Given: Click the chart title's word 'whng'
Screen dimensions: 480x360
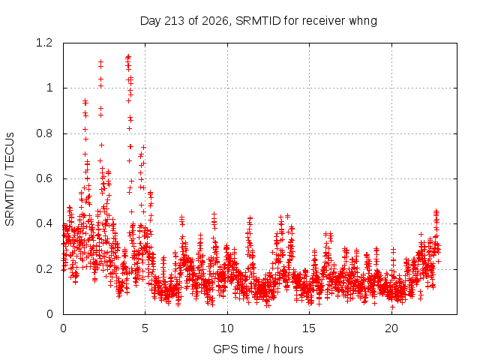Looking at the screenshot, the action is click(x=363, y=21).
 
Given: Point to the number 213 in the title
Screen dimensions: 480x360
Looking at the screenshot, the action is click(x=175, y=21).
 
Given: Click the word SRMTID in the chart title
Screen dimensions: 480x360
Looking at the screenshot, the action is click(x=258, y=21).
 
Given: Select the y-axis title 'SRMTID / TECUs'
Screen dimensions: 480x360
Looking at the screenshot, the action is click(x=10, y=179).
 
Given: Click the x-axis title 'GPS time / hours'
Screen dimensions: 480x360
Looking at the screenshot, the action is click(x=258, y=349).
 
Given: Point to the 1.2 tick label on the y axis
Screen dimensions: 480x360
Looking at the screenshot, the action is click(x=44, y=43).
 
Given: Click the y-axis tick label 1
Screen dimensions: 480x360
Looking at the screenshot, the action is click(x=49, y=88).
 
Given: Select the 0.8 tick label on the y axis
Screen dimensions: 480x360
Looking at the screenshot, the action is click(x=44, y=133).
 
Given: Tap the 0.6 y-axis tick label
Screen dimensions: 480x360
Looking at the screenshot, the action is click(x=44, y=178).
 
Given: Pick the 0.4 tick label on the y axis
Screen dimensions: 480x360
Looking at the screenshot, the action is click(x=44, y=223).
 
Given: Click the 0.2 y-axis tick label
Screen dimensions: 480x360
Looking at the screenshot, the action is click(x=44, y=269).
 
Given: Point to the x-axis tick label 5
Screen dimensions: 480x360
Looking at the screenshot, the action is click(x=145, y=328).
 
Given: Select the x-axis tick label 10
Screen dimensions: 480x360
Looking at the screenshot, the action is click(x=227, y=328).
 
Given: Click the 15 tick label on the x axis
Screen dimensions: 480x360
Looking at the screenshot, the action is click(x=309, y=328).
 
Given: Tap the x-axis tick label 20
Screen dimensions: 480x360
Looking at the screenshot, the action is click(x=391, y=328).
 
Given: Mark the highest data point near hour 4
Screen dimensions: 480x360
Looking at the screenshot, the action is click(x=128, y=56).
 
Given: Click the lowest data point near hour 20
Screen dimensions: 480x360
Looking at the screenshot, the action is click(x=392, y=307).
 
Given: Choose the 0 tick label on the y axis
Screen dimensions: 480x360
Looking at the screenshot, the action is click(x=49, y=314).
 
